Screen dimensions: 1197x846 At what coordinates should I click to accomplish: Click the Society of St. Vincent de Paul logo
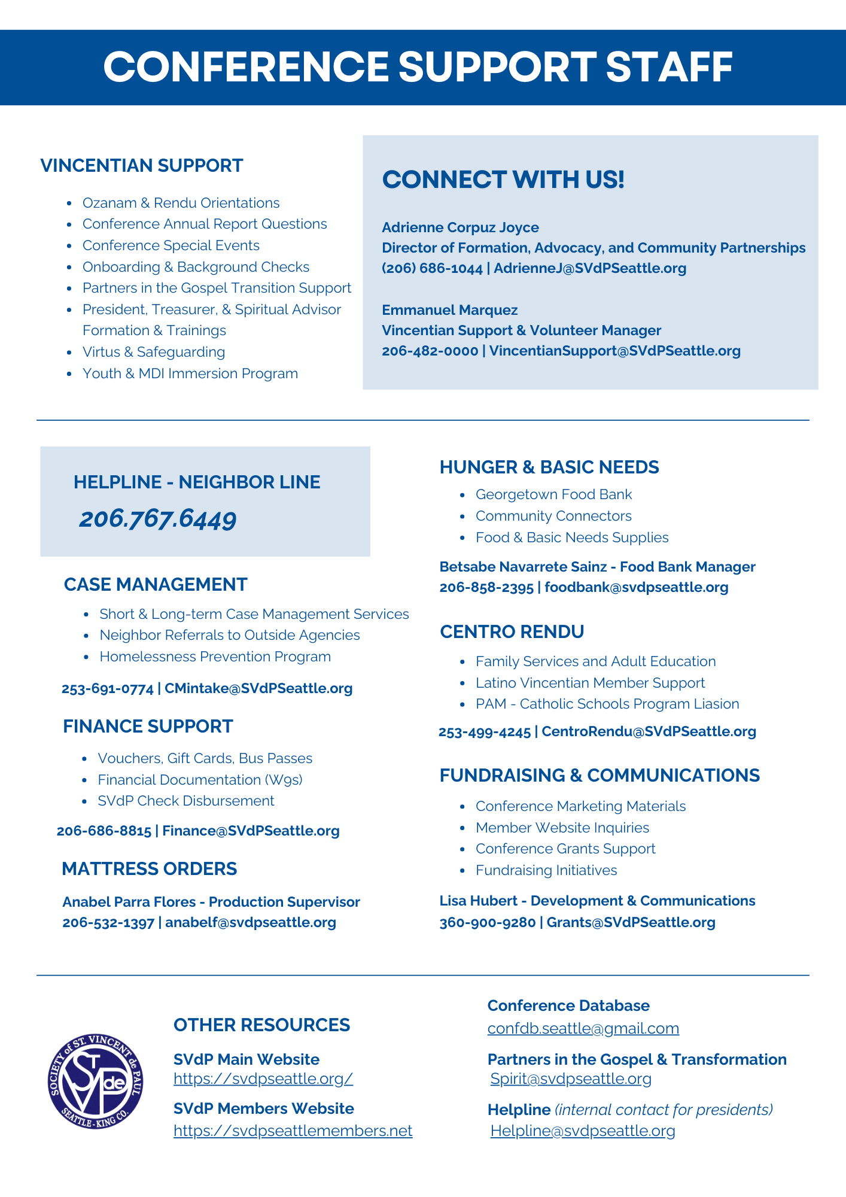tap(96, 1081)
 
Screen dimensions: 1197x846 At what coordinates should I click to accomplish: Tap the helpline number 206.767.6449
tap(158, 518)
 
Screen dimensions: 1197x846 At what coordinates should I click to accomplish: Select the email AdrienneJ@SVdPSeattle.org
tap(590, 268)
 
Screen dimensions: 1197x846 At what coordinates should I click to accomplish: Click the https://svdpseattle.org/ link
tap(263, 1078)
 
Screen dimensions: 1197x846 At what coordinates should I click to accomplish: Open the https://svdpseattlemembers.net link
tap(293, 1131)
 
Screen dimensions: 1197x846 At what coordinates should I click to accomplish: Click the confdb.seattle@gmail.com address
tap(583, 1028)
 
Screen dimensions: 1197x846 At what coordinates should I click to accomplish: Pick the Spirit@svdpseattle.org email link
tap(571, 1078)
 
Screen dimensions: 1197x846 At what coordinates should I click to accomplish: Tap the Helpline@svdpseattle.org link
tap(583, 1131)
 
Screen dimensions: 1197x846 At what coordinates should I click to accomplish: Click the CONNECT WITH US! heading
tap(503, 180)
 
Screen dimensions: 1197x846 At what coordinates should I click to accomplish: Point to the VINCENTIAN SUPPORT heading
tap(142, 166)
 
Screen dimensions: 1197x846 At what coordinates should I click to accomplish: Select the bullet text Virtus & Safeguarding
tap(154, 352)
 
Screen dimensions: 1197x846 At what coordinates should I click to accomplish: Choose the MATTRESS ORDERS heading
tap(150, 869)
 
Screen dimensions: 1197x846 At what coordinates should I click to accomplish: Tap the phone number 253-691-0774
tap(108, 689)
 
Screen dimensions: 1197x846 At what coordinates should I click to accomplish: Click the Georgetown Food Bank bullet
tap(553, 494)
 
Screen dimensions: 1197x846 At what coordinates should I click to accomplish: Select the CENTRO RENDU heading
tap(512, 632)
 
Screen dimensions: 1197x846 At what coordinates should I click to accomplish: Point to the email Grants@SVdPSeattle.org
tap(631, 922)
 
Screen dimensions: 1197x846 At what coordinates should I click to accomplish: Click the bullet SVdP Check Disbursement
tap(186, 801)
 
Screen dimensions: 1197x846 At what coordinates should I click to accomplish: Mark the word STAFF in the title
tap(670, 67)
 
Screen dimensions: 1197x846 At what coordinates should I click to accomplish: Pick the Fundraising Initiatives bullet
tap(546, 870)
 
